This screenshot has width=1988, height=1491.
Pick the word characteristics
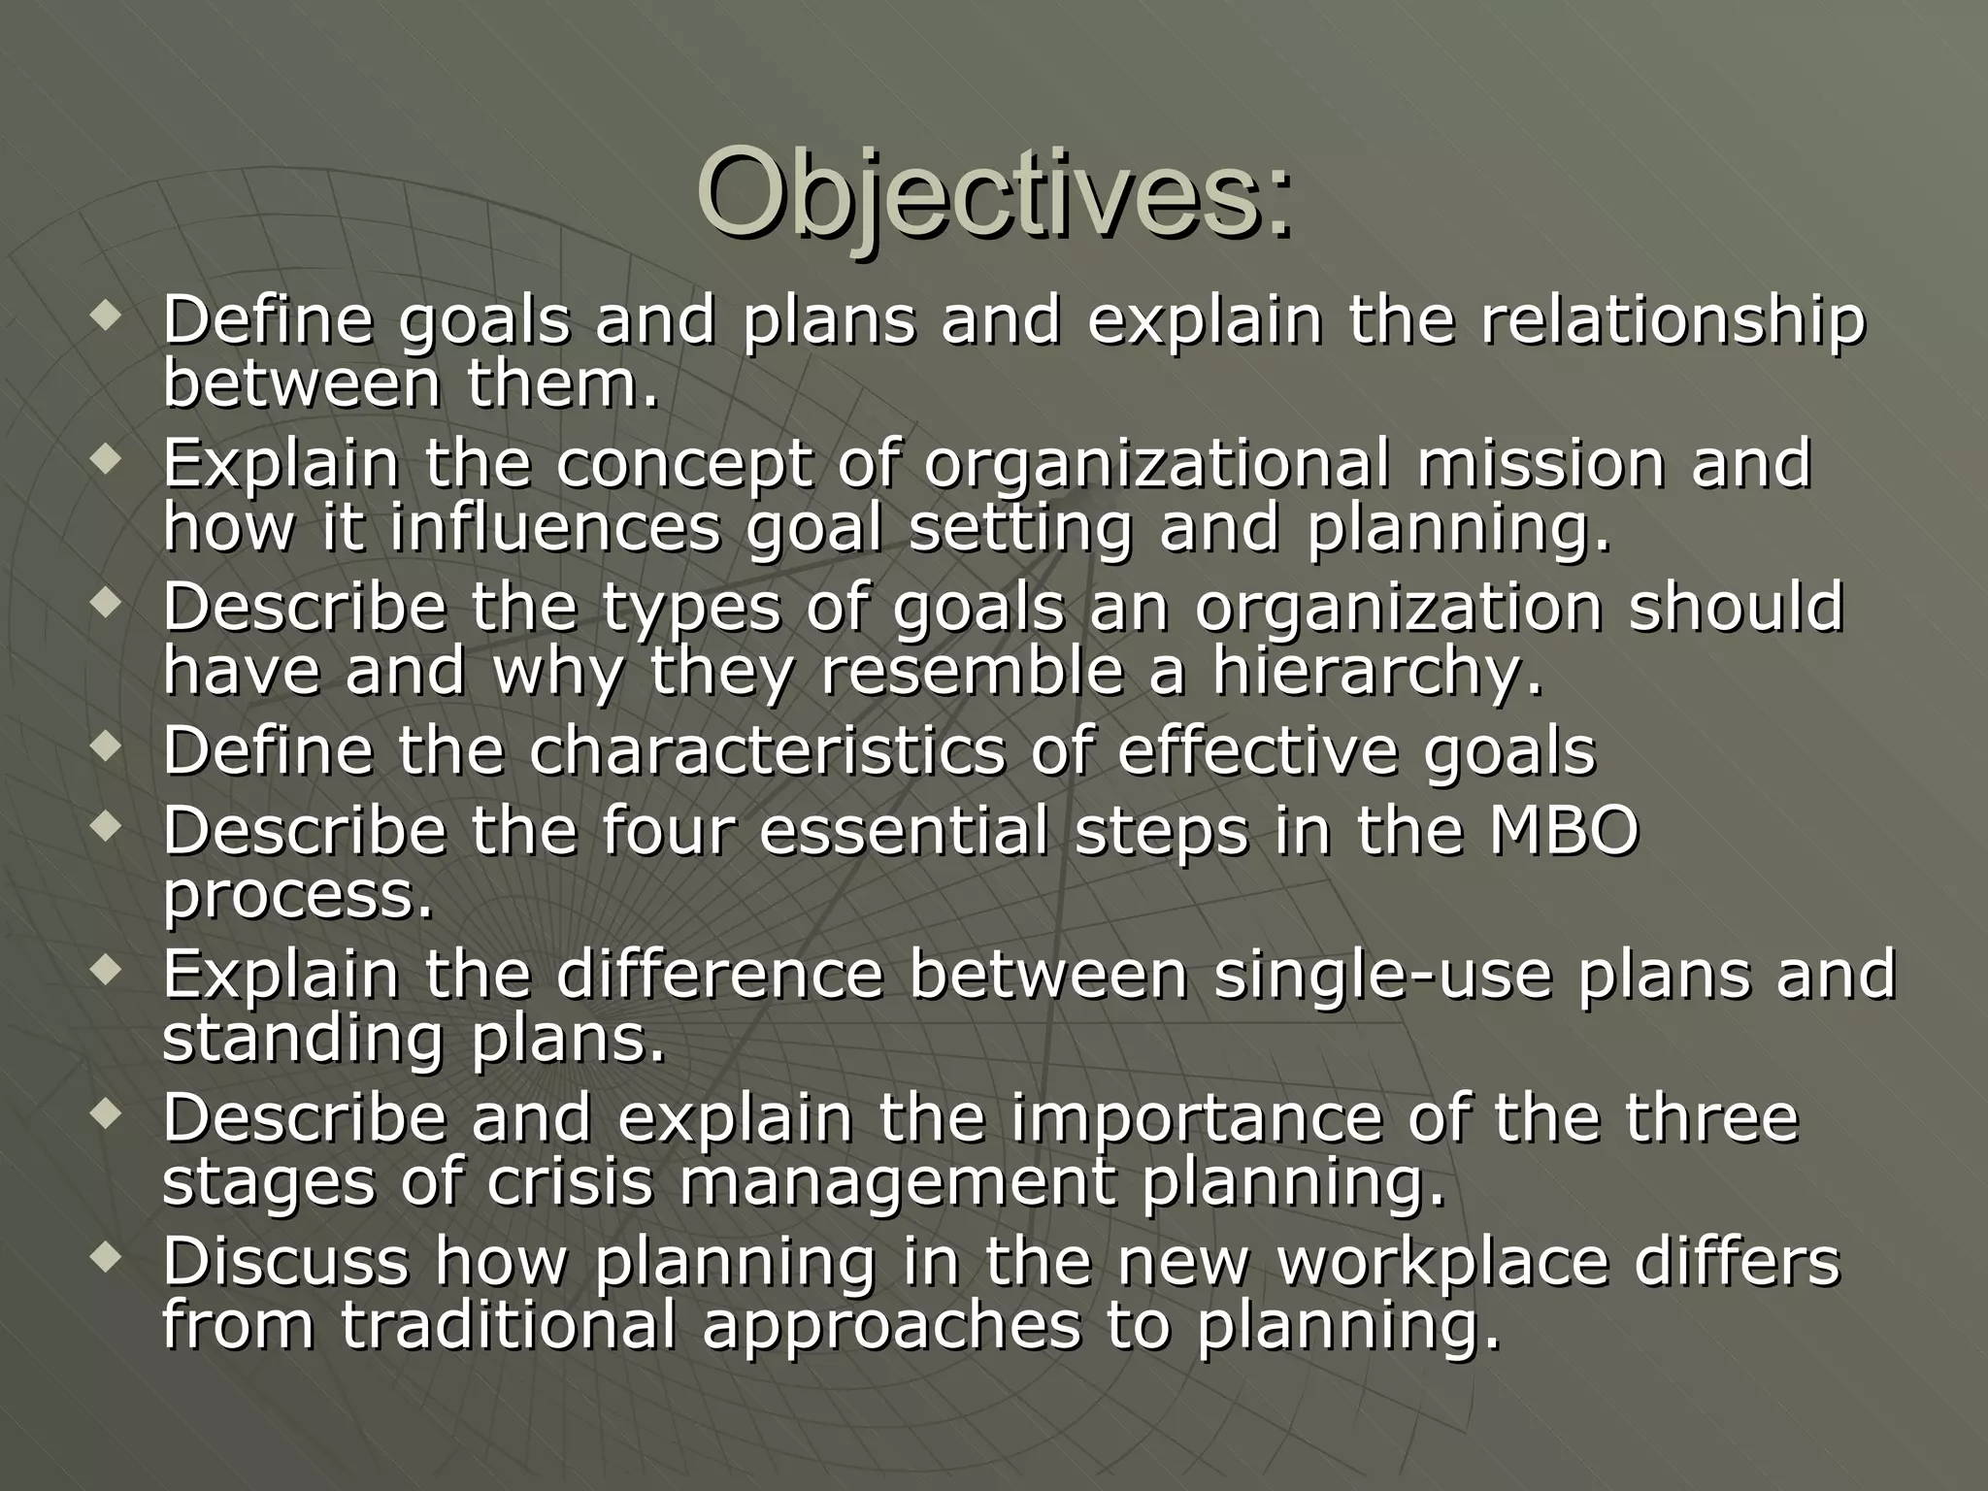tap(767, 750)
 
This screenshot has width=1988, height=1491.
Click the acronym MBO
tap(1564, 831)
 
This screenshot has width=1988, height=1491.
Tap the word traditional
tap(508, 1325)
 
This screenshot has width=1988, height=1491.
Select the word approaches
tap(891, 1327)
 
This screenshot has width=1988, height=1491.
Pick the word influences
tap(556, 529)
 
